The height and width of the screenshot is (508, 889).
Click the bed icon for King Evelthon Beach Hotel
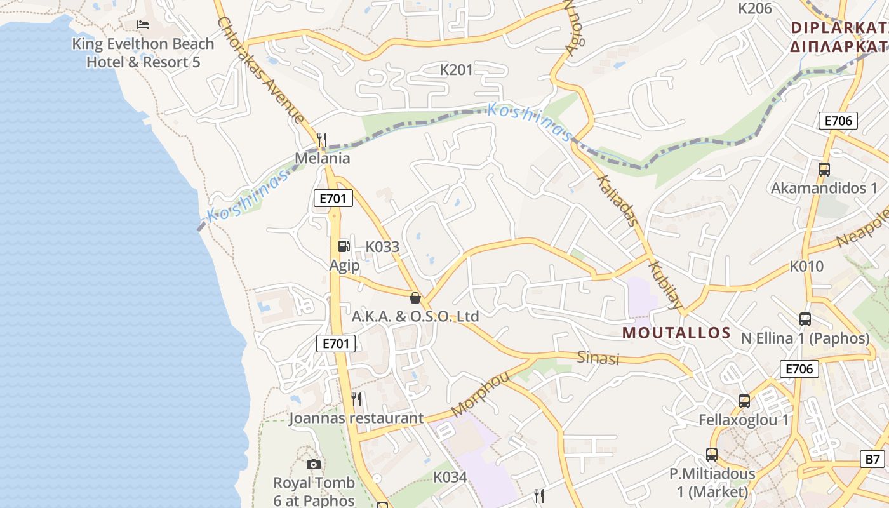(143, 25)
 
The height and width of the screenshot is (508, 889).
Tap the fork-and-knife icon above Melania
(322, 139)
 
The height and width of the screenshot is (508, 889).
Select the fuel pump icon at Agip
(344, 246)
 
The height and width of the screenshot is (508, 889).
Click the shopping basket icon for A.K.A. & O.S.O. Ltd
(415, 297)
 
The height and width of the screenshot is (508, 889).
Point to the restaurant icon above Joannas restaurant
(356, 399)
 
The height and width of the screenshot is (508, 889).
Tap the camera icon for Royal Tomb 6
(314, 464)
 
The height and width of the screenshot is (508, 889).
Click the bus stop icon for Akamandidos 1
(824, 170)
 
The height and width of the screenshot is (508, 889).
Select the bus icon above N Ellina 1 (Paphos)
(805, 319)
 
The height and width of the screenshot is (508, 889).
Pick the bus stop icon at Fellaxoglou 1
(744, 401)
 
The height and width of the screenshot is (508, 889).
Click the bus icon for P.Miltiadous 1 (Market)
(712, 455)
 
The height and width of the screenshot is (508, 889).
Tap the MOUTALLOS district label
(676, 333)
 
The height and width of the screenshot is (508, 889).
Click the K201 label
(457, 70)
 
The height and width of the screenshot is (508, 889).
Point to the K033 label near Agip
(382, 247)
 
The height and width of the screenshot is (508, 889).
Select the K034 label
(450, 477)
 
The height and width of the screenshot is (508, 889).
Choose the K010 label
(806, 266)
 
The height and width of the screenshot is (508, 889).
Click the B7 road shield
(873, 459)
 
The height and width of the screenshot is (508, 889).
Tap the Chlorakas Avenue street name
(260, 70)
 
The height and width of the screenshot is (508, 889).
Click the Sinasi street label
(598, 358)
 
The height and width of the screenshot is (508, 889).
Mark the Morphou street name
(481, 395)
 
